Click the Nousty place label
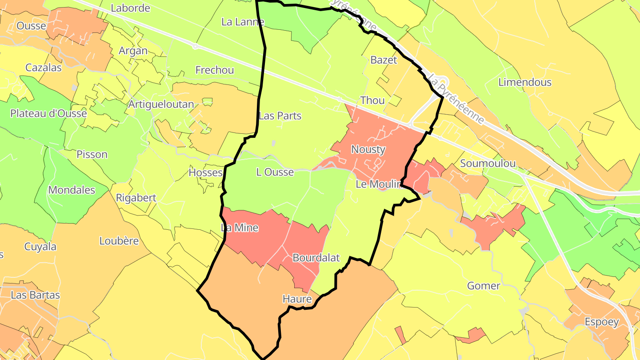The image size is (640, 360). click(368, 149)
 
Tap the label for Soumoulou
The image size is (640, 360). click(488, 163)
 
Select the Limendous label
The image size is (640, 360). click(524, 82)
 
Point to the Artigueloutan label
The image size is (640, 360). click(161, 104)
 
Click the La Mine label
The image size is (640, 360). click(240, 228)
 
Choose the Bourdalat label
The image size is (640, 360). click(316, 258)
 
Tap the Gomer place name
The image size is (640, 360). click(484, 286)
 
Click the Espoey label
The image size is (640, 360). click(601, 322)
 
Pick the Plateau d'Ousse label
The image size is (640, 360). click(48, 113)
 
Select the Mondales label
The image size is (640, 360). click(72, 190)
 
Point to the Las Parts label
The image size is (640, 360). click(280, 116)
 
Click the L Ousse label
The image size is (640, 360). click(275, 172)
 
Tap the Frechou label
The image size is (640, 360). click(215, 70)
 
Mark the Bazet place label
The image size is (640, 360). click(384, 60)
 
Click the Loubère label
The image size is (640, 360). click(119, 241)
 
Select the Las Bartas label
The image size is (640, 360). click(35, 295)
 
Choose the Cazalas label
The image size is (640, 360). click(44, 68)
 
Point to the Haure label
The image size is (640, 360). click(297, 299)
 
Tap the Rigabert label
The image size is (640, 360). click(136, 198)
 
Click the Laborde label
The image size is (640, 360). click(130, 8)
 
